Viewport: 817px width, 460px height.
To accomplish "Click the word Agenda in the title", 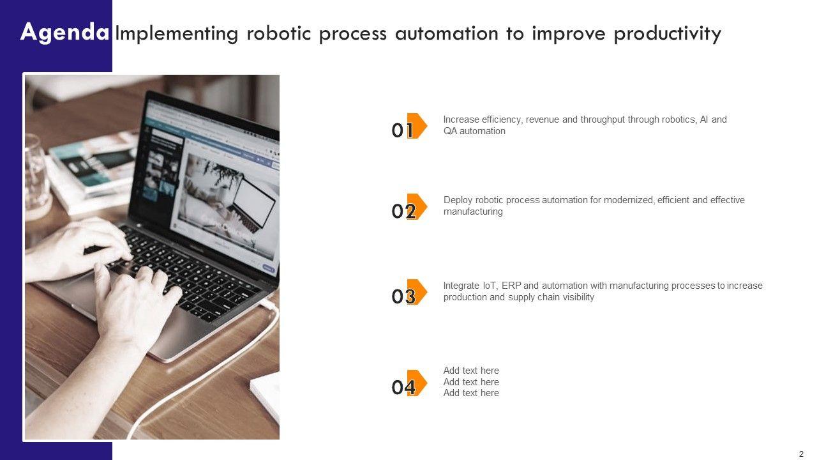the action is point(64,33).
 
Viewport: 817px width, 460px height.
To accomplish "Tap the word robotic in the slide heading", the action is point(279,33).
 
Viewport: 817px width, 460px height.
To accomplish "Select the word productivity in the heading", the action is point(668,34).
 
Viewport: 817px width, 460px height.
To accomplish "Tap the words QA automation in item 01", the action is point(474,131).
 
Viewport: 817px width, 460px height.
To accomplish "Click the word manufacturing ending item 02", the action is point(473,211).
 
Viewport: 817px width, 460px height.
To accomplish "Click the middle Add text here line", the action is point(471,382).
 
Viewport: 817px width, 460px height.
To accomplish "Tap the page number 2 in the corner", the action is point(801,454).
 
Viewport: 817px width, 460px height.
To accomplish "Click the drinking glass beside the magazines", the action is point(36,176).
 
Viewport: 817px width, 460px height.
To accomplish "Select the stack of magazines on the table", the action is point(91,172).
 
